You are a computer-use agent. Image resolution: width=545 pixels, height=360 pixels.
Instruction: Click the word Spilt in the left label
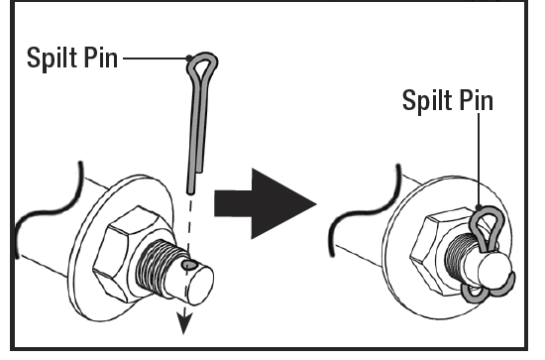(53, 59)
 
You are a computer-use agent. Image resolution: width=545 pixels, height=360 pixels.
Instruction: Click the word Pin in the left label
(101, 58)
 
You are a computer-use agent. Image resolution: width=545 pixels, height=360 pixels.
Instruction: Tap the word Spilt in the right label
(428, 101)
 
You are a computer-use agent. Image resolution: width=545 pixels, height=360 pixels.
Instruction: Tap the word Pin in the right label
(477, 100)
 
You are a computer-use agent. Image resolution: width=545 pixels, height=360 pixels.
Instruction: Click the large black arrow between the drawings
(265, 204)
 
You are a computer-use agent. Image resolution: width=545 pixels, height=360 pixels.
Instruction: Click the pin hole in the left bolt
(190, 266)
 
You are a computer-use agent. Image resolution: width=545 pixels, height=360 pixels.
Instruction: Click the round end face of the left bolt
(201, 286)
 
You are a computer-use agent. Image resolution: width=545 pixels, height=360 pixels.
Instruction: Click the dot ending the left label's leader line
(189, 59)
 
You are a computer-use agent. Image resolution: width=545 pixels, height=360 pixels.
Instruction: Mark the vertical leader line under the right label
(479, 160)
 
